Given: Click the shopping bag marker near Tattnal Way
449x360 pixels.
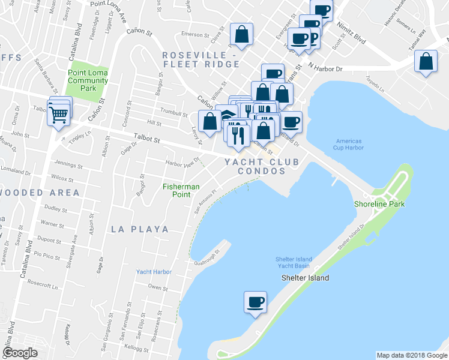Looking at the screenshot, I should click(x=426, y=62).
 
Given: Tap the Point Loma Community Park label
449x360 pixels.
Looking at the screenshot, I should click(x=88, y=80).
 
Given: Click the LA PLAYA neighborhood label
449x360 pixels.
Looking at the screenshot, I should click(x=140, y=229).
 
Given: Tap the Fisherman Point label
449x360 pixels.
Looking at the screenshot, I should click(x=181, y=190).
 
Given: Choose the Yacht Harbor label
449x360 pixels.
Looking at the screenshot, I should click(x=154, y=272).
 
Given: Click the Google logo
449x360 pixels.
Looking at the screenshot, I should click(x=20, y=353).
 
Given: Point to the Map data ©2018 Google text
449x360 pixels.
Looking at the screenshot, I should click(x=411, y=355).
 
